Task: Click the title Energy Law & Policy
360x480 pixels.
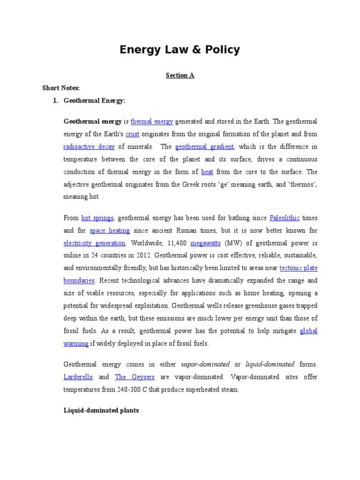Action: [180, 50]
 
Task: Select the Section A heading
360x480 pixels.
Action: [180, 75]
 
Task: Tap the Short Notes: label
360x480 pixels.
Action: [61, 88]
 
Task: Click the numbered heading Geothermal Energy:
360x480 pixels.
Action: [94, 100]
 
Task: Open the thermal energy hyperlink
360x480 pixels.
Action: [152, 121]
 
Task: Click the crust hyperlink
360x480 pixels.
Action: [133, 134]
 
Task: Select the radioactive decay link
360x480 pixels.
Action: [89, 146]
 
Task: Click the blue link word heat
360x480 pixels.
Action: [207, 172]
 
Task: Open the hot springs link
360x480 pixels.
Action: [97, 218]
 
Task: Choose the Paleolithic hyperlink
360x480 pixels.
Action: [285, 218]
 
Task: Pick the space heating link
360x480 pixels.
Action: [109, 231]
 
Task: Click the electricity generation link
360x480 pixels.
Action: [94, 243]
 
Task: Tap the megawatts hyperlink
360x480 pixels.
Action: [205, 243]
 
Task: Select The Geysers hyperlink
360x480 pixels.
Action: [128, 377]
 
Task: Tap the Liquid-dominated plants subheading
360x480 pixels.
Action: [101, 411]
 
